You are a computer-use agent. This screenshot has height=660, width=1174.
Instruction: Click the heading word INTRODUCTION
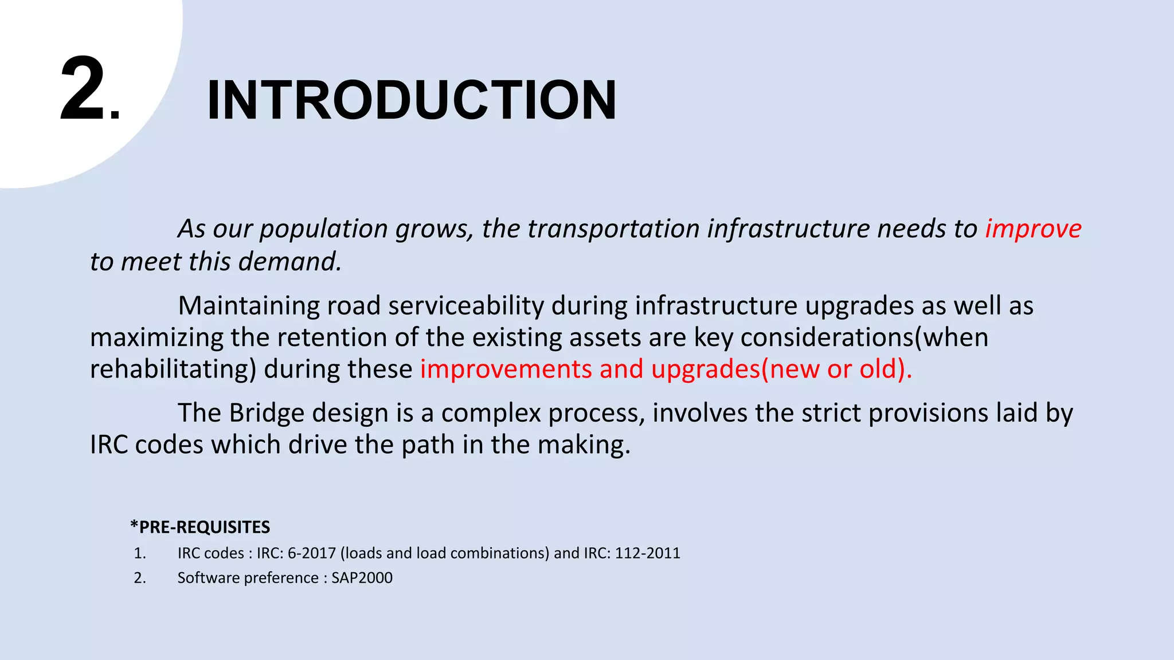click(411, 100)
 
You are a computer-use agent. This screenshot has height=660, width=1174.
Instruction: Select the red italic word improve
click(1033, 229)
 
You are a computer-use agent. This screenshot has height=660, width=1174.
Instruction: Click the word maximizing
click(156, 337)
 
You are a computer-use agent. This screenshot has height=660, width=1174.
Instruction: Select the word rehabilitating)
click(173, 369)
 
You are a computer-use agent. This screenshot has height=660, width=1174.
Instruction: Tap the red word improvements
click(506, 369)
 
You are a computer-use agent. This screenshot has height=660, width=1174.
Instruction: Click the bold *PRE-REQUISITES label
click(200, 527)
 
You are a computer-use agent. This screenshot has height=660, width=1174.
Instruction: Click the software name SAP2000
click(362, 578)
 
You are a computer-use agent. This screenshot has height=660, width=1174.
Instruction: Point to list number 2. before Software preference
click(140, 578)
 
